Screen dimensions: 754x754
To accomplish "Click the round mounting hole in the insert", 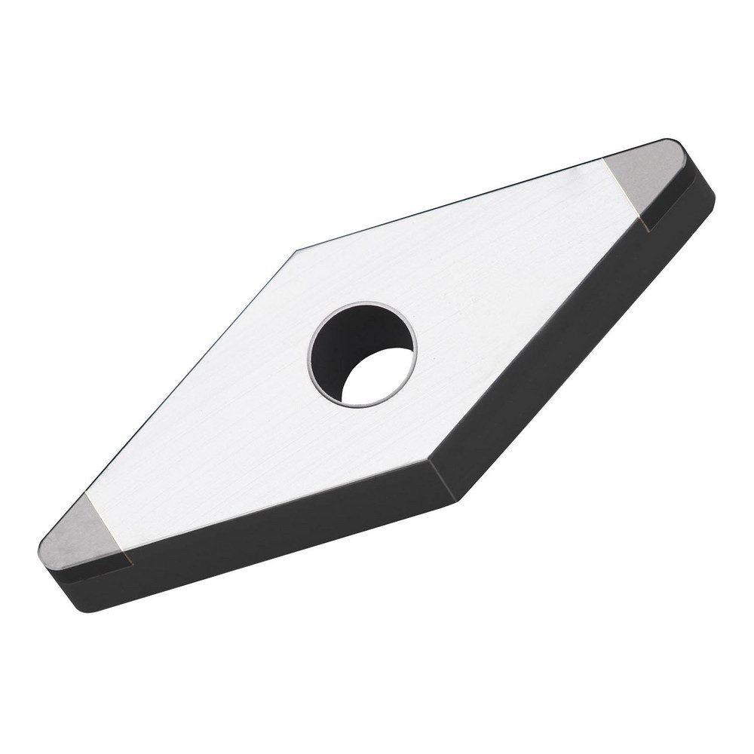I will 361,354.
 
